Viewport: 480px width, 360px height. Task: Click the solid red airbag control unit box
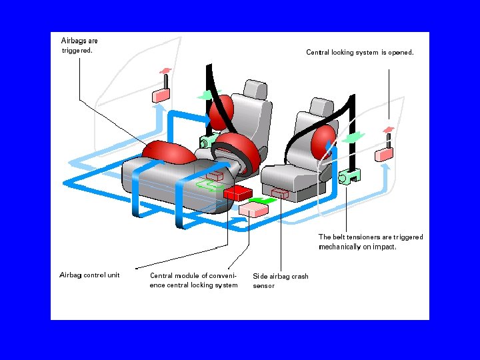(237, 193)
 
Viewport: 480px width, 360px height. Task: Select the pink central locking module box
(253, 209)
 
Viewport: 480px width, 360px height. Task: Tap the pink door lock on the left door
(162, 95)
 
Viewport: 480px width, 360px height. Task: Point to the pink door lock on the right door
(385, 153)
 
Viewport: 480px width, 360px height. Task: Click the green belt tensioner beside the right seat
(349, 176)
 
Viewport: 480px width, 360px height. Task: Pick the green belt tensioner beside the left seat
(206, 141)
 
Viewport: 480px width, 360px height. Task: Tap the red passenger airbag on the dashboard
(168, 153)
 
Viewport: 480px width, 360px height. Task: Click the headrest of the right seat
(321, 106)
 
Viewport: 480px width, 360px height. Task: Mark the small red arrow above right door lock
(389, 128)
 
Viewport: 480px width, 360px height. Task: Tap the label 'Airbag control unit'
(89, 275)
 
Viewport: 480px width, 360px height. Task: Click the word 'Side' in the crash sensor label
(259, 276)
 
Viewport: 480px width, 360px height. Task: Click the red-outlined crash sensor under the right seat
(280, 195)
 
